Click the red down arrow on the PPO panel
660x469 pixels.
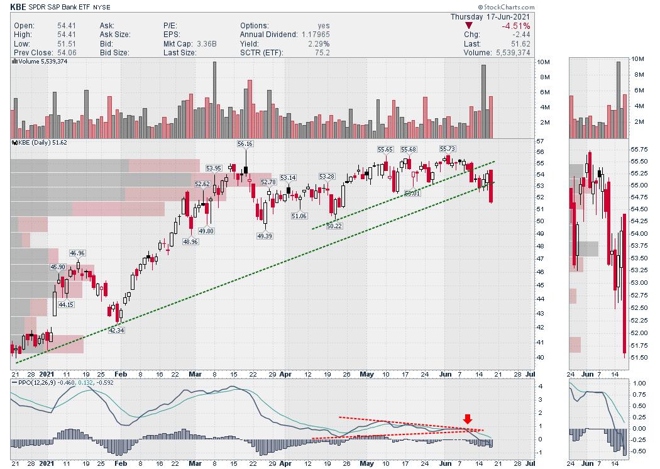pos(467,419)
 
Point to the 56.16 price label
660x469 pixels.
pos(245,144)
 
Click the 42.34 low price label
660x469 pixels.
pos(116,330)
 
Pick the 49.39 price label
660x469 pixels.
pos(264,236)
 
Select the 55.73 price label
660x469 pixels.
pos(448,148)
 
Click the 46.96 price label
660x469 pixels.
pos(78,253)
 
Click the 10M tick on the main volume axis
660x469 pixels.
pos(544,63)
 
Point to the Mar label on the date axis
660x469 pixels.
pos(195,374)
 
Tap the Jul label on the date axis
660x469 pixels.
pos(530,374)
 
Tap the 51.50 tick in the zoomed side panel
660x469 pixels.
pos(640,357)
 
